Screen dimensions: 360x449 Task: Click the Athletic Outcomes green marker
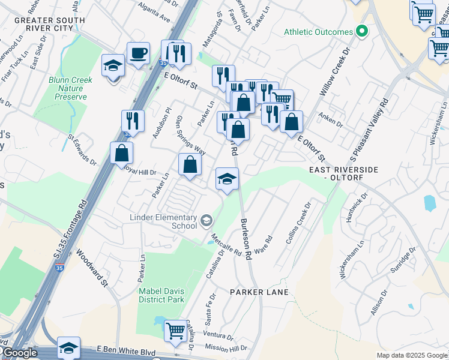[x=361, y=31]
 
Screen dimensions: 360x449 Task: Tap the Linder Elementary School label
[x=163, y=221]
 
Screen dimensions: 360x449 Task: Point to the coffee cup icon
[x=138, y=53]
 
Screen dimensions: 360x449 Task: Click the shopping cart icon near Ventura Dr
[x=175, y=330]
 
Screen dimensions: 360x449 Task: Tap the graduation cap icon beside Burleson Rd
[x=227, y=179]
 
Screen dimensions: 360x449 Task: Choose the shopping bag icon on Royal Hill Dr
[x=190, y=164]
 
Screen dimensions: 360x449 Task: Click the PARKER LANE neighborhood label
[x=259, y=292]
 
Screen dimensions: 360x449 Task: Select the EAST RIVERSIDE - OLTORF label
[x=344, y=173]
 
